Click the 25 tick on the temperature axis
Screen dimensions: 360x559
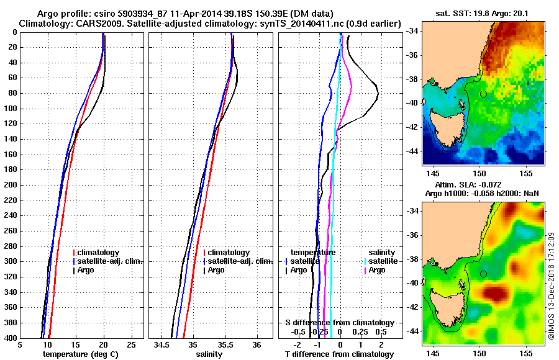click(130, 344)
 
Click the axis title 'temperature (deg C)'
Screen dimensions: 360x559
click(80, 354)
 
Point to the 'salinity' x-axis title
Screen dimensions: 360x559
click(209, 354)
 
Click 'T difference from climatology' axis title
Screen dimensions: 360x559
click(340, 354)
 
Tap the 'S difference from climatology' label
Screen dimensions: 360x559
click(340, 323)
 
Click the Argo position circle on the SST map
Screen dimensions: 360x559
click(483, 94)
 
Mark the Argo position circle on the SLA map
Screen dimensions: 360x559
click(483, 274)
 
